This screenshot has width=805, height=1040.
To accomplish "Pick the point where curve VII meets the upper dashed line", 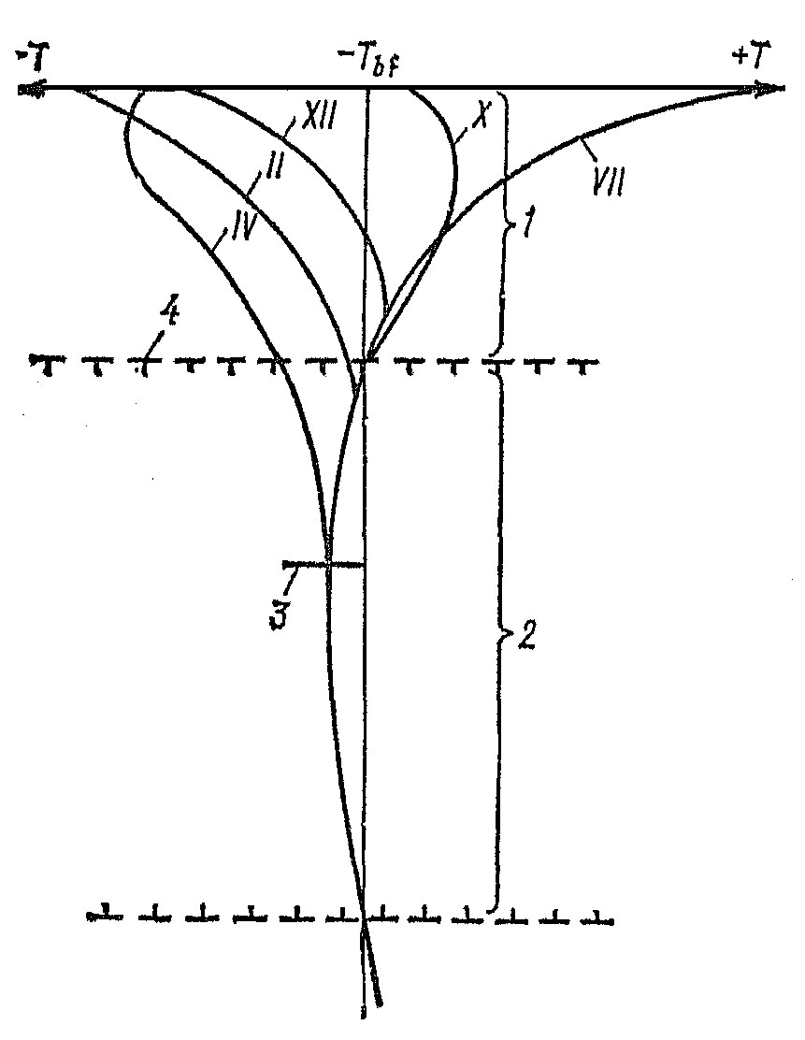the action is point(368,358).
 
